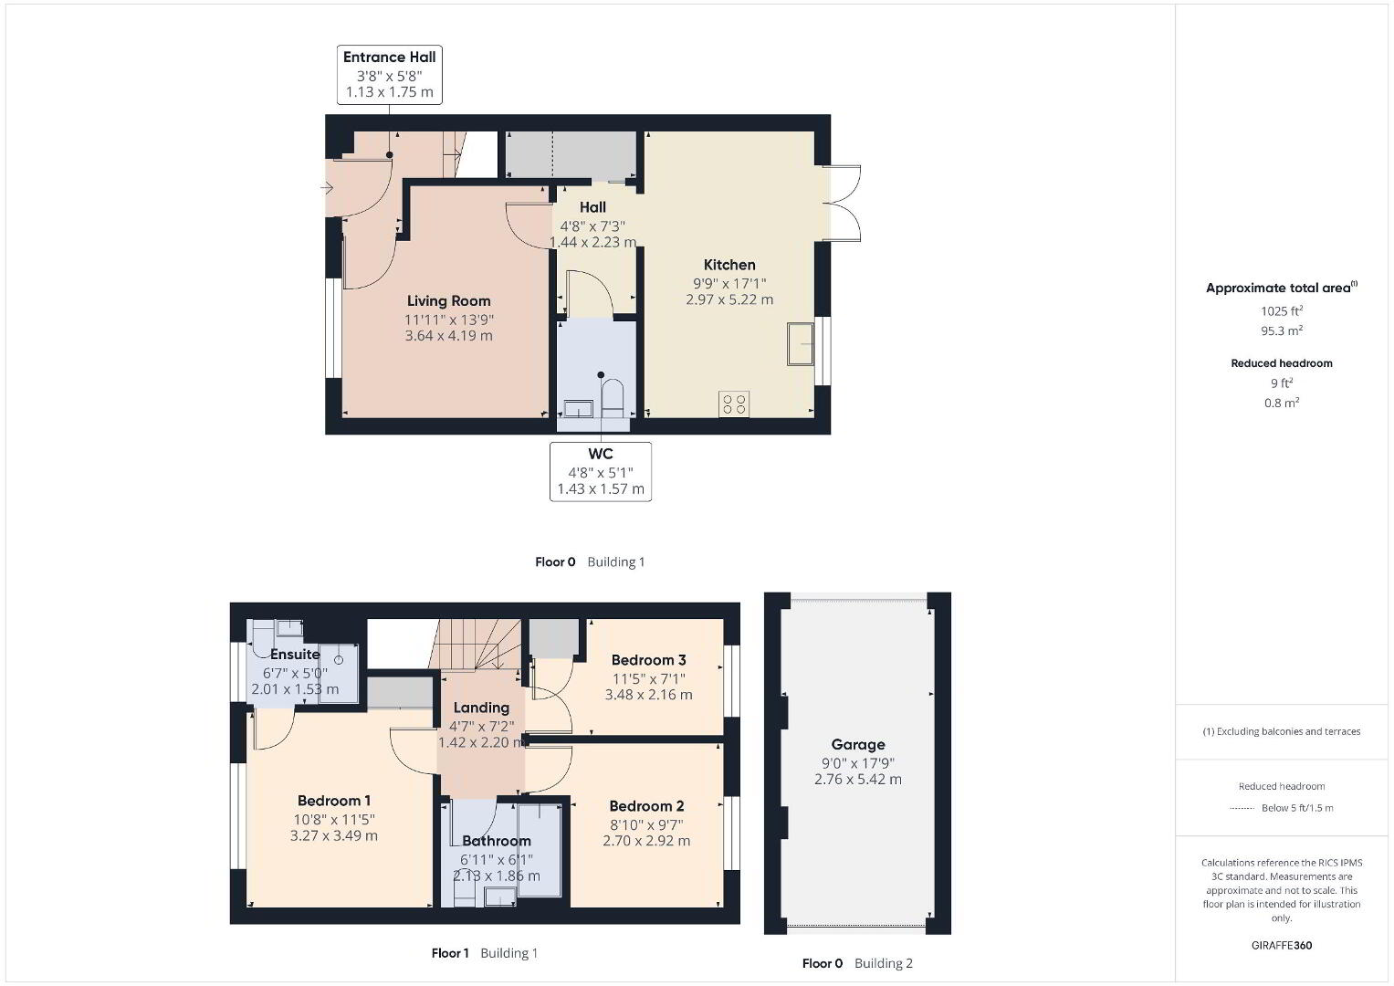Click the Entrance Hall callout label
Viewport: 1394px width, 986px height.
coord(390,75)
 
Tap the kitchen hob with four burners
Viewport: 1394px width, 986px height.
coord(734,404)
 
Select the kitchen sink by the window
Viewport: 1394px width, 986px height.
coord(801,343)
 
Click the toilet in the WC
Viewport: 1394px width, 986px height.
coord(613,398)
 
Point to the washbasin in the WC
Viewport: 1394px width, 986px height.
coord(578,409)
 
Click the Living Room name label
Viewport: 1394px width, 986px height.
coord(449,300)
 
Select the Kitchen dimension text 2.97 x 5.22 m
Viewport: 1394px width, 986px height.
coord(729,299)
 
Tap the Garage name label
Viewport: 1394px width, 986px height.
coord(857,744)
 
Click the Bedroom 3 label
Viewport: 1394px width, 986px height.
coord(648,660)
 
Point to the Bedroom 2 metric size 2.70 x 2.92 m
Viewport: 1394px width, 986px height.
coord(646,840)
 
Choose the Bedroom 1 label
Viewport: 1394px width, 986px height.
coord(333,801)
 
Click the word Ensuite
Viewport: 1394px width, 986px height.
coord(295,655)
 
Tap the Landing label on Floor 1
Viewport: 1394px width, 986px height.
coord(481,708)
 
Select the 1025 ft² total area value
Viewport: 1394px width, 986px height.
coord(1282,310)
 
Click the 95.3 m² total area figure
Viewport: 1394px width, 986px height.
coord(1282,330)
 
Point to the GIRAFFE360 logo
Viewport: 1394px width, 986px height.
coord(1282,946)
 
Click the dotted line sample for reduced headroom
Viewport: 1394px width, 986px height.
coord(1242,809)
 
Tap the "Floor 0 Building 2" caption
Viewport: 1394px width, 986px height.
coord(857,963)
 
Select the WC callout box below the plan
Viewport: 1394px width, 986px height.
coord(601,471)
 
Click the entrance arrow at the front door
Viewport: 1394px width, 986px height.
coord(327,187)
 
